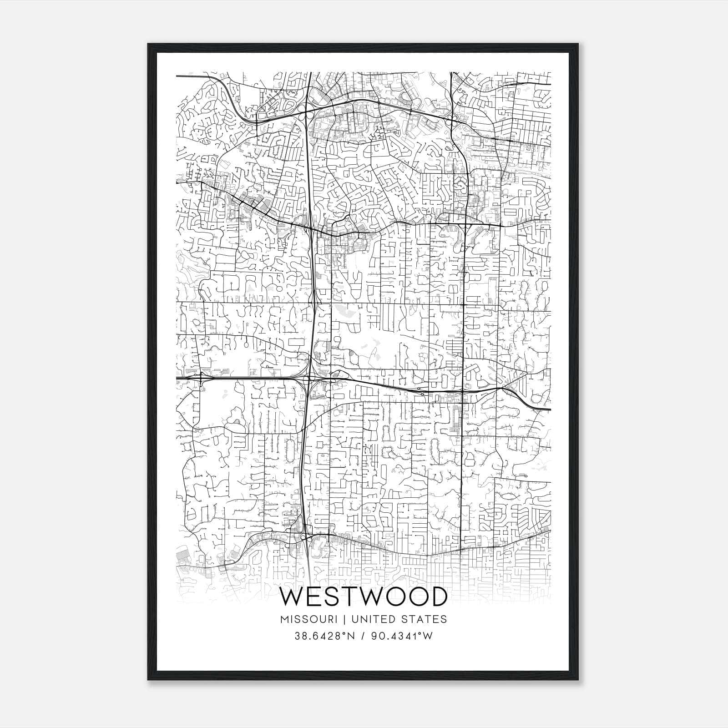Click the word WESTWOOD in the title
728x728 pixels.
(364, 597)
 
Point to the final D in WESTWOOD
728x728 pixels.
(437, 597)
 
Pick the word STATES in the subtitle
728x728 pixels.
(425, 619)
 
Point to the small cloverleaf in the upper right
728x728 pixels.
(453, 120)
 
